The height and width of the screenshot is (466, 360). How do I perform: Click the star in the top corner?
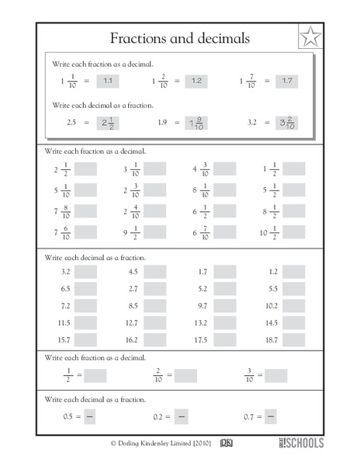(x=309, y=37)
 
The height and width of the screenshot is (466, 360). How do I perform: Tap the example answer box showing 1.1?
(x=109, y=80)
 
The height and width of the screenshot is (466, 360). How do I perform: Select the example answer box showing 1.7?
(x=287, y=80)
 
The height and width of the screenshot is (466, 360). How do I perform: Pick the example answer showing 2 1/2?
(x=109, y=122)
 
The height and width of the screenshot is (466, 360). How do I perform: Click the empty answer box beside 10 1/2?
(x=294, y=231)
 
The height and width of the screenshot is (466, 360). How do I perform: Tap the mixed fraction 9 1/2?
(x=130, y=231)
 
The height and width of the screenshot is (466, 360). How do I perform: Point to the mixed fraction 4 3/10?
(x=200, y=169)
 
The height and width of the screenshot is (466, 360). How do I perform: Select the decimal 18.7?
(x=269, y=340)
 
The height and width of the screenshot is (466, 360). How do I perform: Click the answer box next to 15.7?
(x=86, y=340)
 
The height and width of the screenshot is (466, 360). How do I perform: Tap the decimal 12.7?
(x=132, y=323)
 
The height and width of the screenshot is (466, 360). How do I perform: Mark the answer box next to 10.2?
(x=294, y=306)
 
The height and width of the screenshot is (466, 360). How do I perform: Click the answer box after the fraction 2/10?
(x=186, y=375)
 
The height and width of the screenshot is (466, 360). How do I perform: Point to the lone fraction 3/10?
(x=249, y=375)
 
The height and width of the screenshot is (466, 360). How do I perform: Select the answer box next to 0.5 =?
(x=89, y=417)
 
